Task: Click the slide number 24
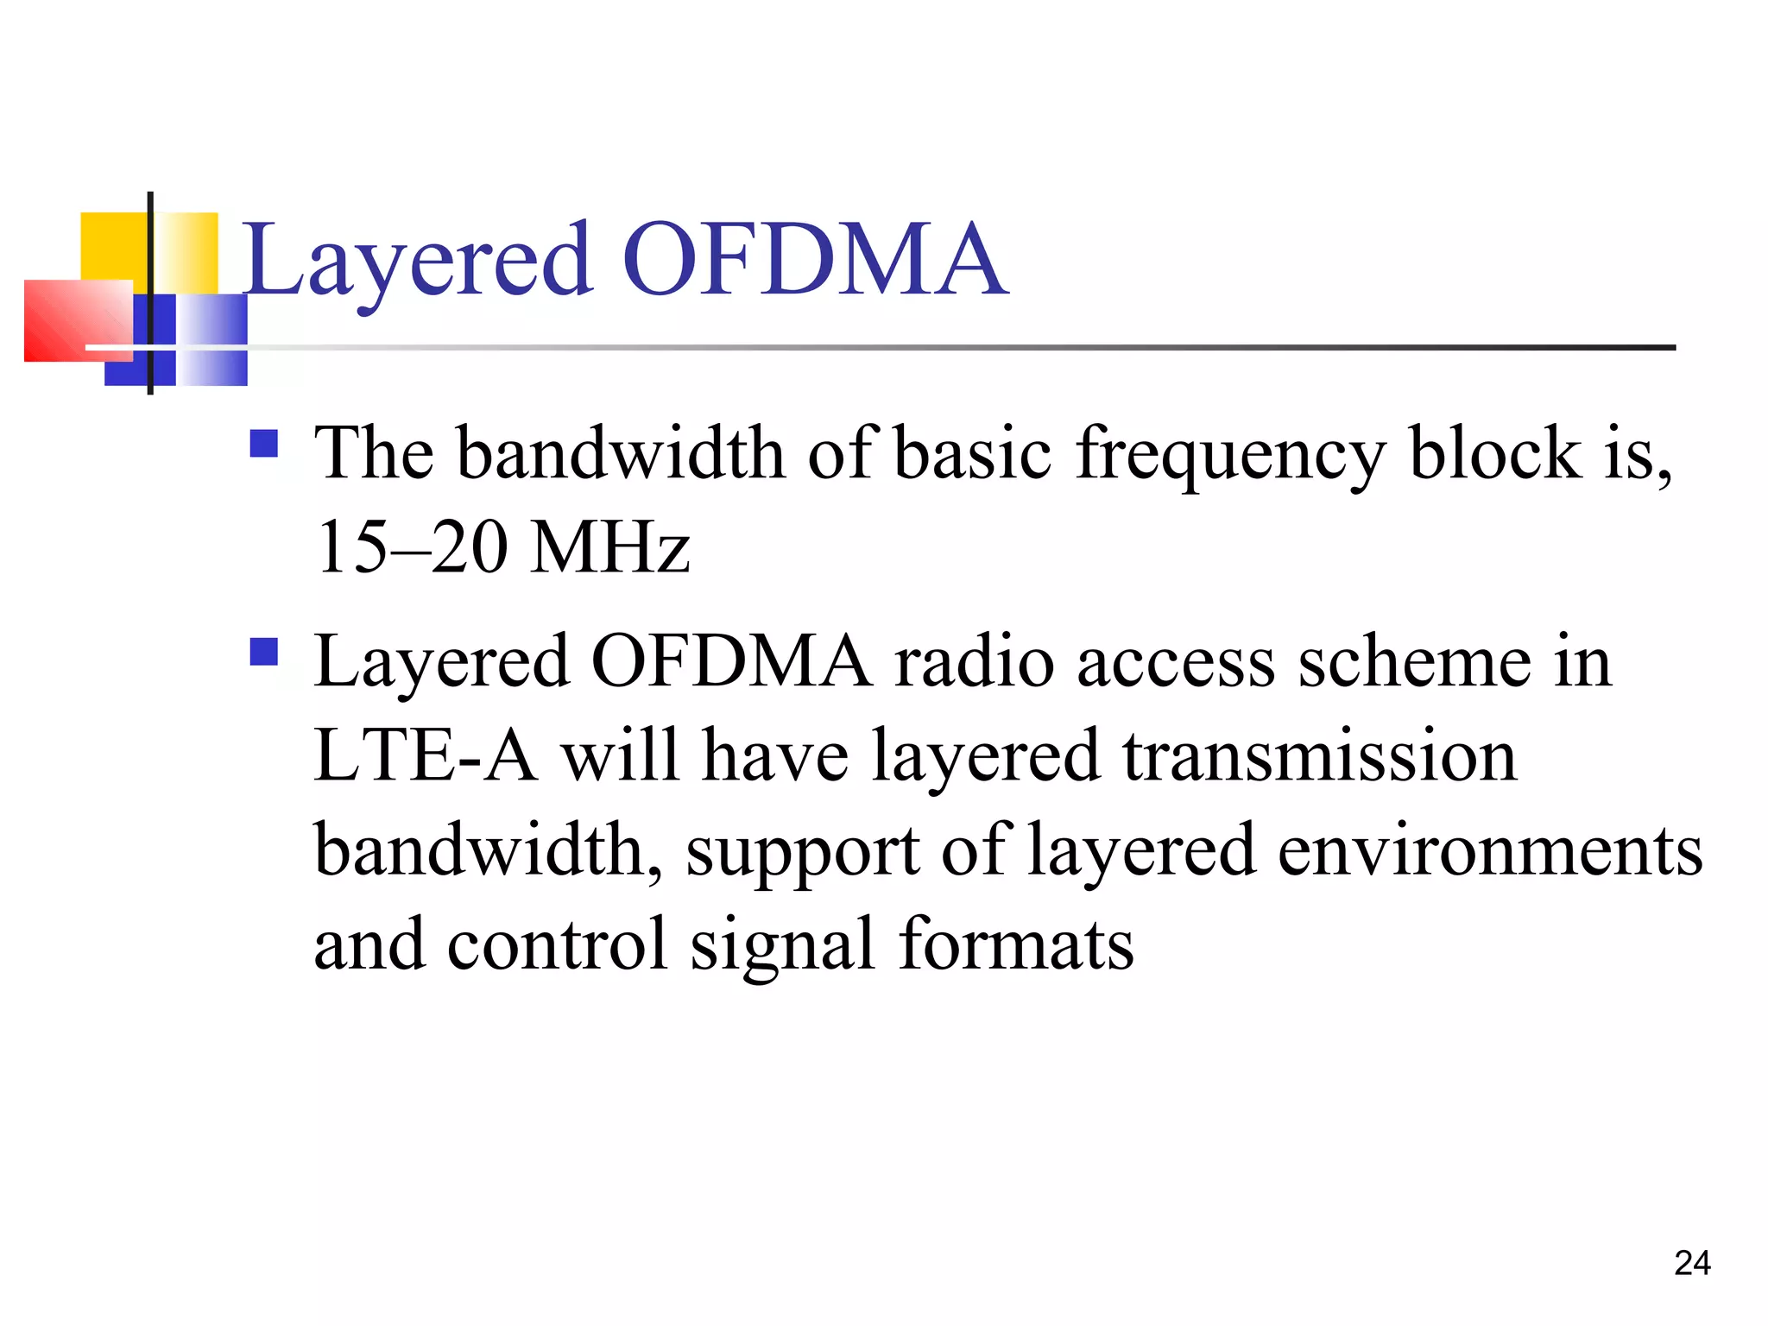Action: (1692, 1263)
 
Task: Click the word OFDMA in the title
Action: (813, 260)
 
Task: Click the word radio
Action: (974, 662)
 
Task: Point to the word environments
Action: (1489, 851)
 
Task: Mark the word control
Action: (558, 944)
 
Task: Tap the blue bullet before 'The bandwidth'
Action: (263, 444)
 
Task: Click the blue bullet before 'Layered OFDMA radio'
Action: (263, 652)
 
